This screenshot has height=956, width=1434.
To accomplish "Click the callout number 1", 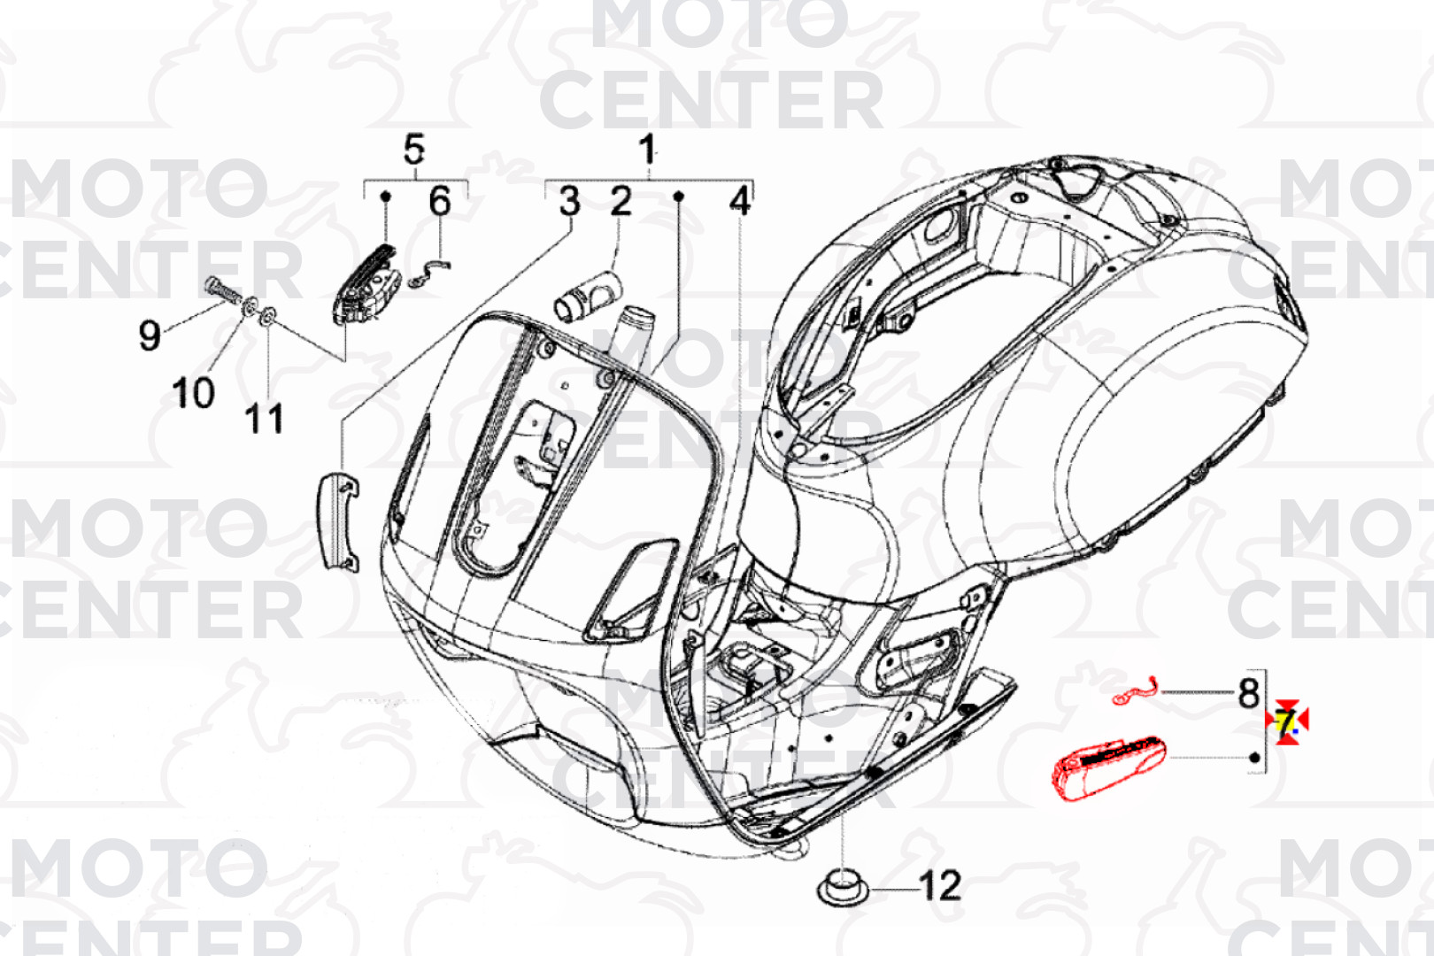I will point(647,149).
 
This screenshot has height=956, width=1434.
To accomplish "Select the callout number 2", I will point(621,202).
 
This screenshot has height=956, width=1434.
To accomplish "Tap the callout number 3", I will point(569,202).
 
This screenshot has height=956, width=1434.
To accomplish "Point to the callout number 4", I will point(740,202).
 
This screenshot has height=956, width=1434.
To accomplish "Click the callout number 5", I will point(413,149).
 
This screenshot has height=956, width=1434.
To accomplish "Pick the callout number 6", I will point(439,202).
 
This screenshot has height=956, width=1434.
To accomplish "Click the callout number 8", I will point(1248,693).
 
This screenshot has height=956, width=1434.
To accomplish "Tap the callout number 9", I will point(150,335).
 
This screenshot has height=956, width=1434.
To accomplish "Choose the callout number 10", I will point(193,393).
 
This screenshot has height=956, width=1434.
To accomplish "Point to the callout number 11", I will point(264,419).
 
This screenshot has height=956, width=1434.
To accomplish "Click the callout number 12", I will point(939,885).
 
